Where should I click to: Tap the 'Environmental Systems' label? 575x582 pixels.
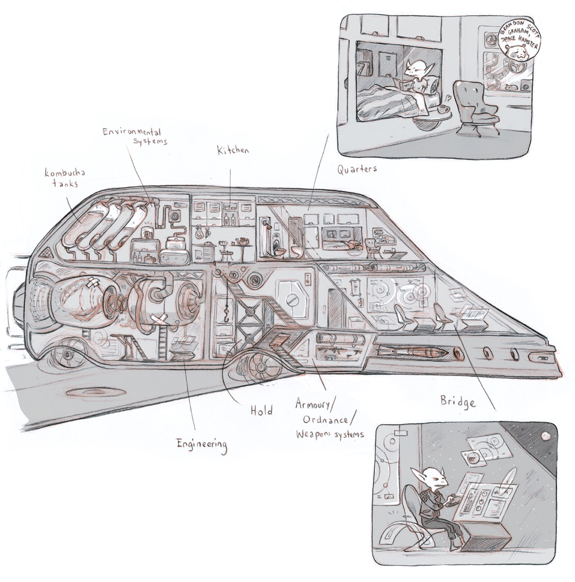[x=135, y=136]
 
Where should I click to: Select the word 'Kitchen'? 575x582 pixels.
[x=233, y=151]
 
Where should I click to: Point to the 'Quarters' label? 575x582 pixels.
[x=356, y=169]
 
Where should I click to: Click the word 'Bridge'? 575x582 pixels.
[x=458, y=401]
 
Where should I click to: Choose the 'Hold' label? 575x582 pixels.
[x=261, y=411]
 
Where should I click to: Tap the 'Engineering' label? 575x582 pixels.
[x=201, y=444]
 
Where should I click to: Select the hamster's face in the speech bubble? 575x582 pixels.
[x=519, y=54]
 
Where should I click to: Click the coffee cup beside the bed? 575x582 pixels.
[x=443, y=109]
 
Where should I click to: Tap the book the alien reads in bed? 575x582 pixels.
[x=401, y=85]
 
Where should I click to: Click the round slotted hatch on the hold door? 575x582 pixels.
[x=292, y=299]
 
